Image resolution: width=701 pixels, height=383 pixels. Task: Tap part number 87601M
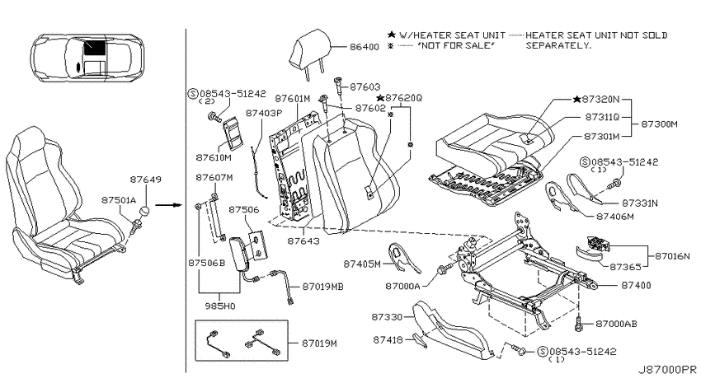[x=293, y=98]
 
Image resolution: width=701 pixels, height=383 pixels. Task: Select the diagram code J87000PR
[x=667, y=370]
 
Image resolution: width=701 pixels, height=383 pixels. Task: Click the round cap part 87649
[x=144, y=211]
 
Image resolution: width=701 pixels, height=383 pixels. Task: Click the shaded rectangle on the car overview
[x=95, y=47]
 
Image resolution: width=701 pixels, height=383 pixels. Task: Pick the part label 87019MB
[x=322, y=287]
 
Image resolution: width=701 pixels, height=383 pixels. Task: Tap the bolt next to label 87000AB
[x=580, y=324]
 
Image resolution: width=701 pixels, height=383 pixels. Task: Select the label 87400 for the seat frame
[x=636, y=285]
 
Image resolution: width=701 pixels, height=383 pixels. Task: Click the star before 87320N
[x=576, y=99]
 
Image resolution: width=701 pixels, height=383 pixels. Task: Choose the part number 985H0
[x=220, y=306]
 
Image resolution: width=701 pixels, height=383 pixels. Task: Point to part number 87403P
[x=264, y=113]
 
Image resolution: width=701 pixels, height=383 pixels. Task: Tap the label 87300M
[x=660, y=124]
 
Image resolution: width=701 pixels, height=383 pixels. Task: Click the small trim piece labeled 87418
[x=419, y=340]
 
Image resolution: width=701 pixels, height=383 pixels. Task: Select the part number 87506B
[x=206, y=263]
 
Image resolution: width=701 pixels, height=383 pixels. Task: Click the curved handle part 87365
[x=588, y=252]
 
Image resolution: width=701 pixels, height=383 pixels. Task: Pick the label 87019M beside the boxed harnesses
[x=319, y=343]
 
